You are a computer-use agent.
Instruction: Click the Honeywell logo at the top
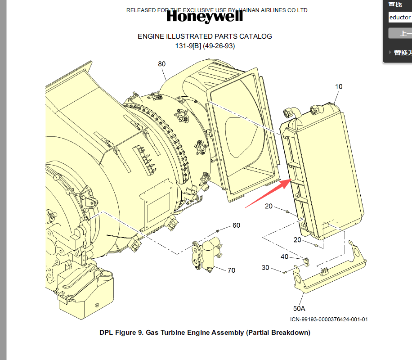tap(205, 17)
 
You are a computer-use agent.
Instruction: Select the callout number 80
tap(162, 64)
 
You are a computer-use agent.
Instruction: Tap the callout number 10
tap(339, 86)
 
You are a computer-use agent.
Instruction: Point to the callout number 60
tap(236, 225)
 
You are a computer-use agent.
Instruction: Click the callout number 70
tap(231, 270)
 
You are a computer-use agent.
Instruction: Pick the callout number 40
tap(284, 256)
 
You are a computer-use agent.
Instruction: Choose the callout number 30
tap(265, 267)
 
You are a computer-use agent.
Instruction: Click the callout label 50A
tap(299, 309)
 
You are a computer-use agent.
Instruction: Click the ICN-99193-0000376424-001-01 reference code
tap(329, 319)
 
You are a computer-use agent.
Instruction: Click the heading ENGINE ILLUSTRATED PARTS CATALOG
tap(205, 36)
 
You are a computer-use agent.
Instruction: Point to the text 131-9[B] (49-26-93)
tap(205, 46)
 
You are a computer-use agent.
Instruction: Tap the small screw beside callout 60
tap(218, 230)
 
